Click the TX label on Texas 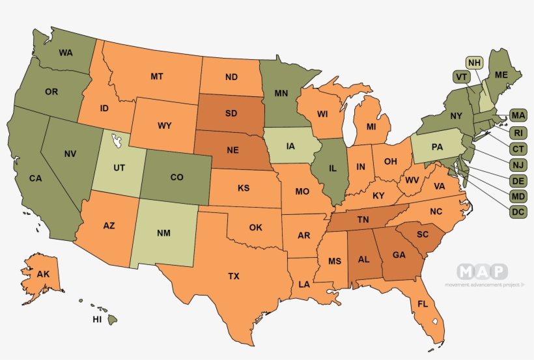[234, 276]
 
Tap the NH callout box [474, 63]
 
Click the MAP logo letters [482, 271]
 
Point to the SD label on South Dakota [231, 113]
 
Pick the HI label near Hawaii [98, 320]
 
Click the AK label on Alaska [43, 274]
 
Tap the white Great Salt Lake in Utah [117, 141]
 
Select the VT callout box [462, 76]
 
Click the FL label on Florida [423, 304]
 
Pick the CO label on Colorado [176, 177]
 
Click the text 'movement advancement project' [484, 284]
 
